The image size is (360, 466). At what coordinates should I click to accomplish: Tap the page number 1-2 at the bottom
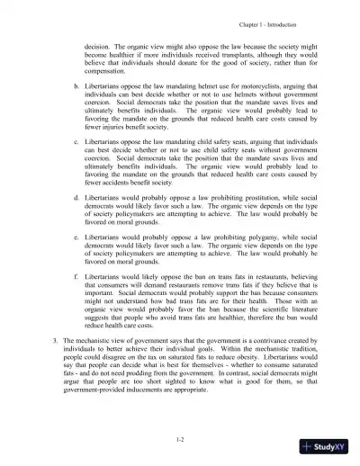180,435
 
